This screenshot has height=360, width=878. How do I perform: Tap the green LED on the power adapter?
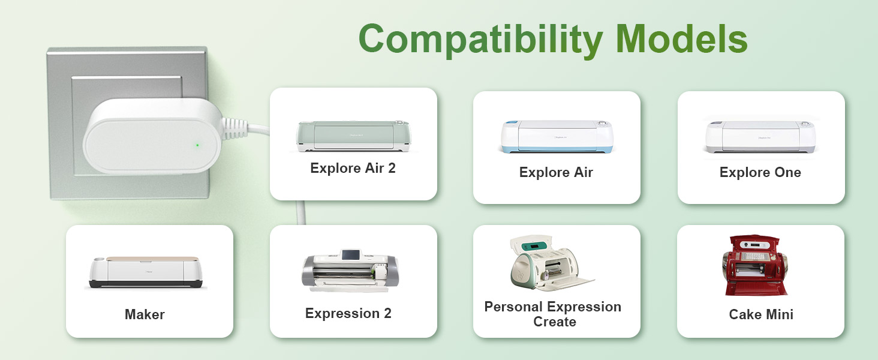197,145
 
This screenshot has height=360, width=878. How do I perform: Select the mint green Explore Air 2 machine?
353,136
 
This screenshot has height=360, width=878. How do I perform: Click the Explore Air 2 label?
353,168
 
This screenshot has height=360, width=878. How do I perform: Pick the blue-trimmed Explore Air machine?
557,136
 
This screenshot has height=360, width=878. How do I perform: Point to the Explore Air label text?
556,172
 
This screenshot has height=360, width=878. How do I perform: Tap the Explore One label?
760,172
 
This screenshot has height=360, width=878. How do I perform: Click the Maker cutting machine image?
145,272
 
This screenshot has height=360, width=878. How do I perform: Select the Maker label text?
145,314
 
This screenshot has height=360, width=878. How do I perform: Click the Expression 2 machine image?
350,271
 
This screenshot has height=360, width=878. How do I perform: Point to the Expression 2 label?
348,313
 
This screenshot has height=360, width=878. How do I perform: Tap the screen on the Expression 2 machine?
349,254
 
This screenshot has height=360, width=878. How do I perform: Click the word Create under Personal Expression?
555,322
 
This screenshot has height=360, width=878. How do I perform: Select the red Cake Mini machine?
754,265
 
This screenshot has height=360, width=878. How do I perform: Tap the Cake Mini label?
761,314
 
